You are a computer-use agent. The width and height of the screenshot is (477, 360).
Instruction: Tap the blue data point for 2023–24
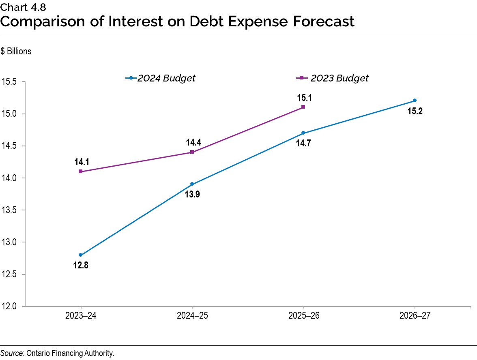(81, 255)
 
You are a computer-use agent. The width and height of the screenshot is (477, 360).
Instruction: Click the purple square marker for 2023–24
(81, 171)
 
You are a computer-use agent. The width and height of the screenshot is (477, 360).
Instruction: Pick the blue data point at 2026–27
(415, 101)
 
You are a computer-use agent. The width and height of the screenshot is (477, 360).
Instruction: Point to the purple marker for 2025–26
(303, 107)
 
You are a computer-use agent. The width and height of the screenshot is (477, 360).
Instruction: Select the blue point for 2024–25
(192, 184)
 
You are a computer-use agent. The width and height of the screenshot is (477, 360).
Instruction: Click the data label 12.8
(81, 266)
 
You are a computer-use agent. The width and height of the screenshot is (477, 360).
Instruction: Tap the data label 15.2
(415, 111)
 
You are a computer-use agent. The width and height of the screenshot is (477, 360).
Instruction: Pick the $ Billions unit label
(16, 52)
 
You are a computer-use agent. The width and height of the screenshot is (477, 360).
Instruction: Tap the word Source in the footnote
(12, 354)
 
